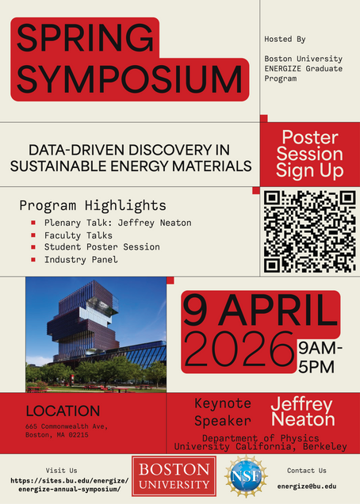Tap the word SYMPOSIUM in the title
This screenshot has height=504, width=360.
click(129, 78)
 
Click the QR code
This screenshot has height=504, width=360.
click(309, 231)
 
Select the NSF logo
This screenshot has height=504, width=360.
click(246, 476)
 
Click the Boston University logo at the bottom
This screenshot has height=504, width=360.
click(174, 476)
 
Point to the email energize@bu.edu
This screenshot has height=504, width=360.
click(307, 486)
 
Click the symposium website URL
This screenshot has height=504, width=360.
click(70, 485)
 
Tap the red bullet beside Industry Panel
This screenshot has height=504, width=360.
click(33, 259)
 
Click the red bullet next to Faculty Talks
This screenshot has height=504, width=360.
click(33, 235)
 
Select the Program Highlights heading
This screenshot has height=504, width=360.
click(93, 205)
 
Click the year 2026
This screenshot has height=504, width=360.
click(239, 350)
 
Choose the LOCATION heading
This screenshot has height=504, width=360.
click(63, 411)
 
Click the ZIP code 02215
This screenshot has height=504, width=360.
click(79, 435)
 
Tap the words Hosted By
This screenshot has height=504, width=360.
click(285, 39)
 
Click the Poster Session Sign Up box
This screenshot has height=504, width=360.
click(310, 155)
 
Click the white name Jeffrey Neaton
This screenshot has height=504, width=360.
click(303, 412)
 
